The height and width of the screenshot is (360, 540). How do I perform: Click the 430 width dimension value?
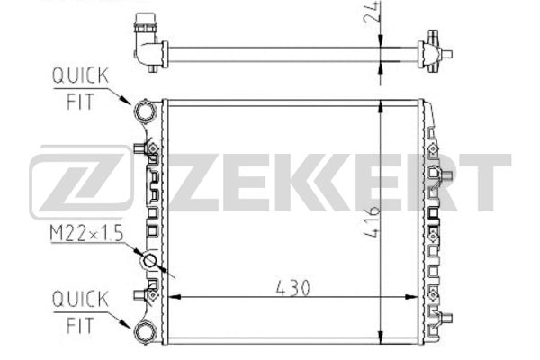coord(292,288)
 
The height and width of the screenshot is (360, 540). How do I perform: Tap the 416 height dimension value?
coord(372,221)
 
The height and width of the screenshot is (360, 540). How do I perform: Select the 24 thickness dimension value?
coord(372,12)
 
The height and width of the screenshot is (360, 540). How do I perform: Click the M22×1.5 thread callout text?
coord(86,234)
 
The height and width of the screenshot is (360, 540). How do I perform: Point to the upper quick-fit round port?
coord(145,112)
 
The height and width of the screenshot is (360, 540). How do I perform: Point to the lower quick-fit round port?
coord(145,331)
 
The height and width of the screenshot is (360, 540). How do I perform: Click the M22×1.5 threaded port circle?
coord(149,261)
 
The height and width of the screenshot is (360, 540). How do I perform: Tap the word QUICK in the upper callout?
coord(80,76)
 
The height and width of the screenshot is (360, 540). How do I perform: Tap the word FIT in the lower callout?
coord(80,325)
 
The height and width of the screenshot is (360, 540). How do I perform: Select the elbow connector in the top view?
coord(148,43)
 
